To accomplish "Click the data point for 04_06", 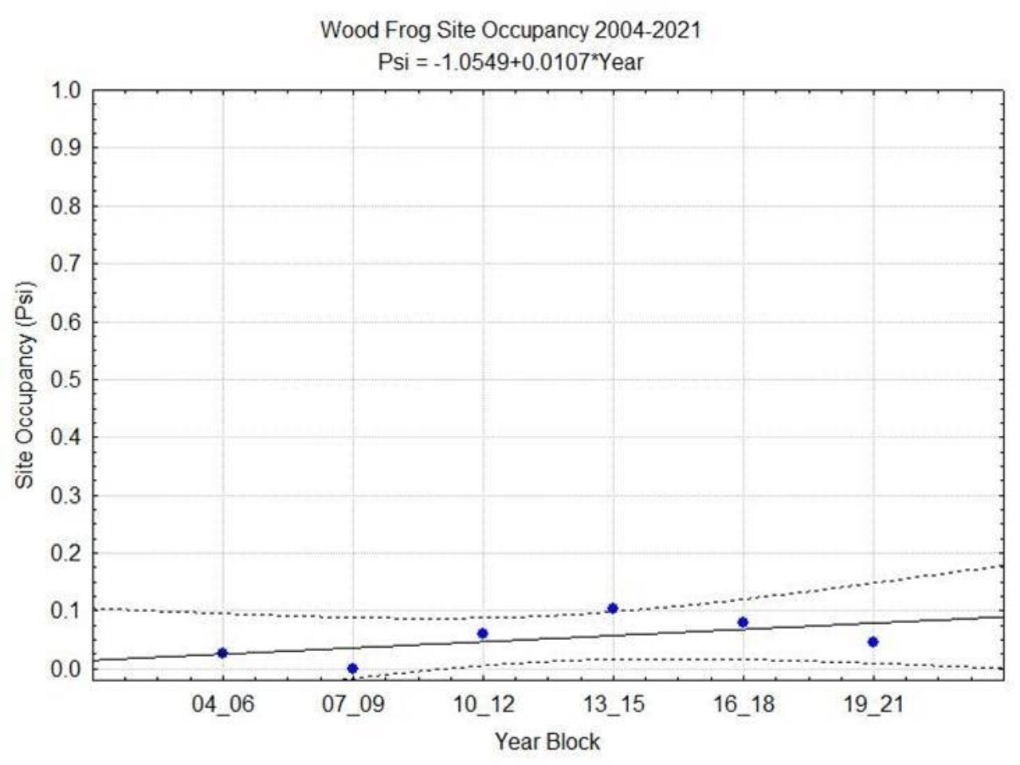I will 222,653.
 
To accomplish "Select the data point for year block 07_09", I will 352,669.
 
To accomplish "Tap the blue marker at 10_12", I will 482,634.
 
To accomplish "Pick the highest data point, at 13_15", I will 612,608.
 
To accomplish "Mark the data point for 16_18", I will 743,622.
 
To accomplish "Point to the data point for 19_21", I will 873,641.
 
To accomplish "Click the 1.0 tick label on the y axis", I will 66,90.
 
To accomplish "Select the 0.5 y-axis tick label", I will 66,379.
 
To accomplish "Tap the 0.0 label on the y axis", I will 66,669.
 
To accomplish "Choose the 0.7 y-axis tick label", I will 66,264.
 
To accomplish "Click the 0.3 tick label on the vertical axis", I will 66,495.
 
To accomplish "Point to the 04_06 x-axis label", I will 222,705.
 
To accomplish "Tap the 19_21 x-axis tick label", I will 873,705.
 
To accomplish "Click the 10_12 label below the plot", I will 482,705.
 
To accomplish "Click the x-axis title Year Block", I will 547,742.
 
